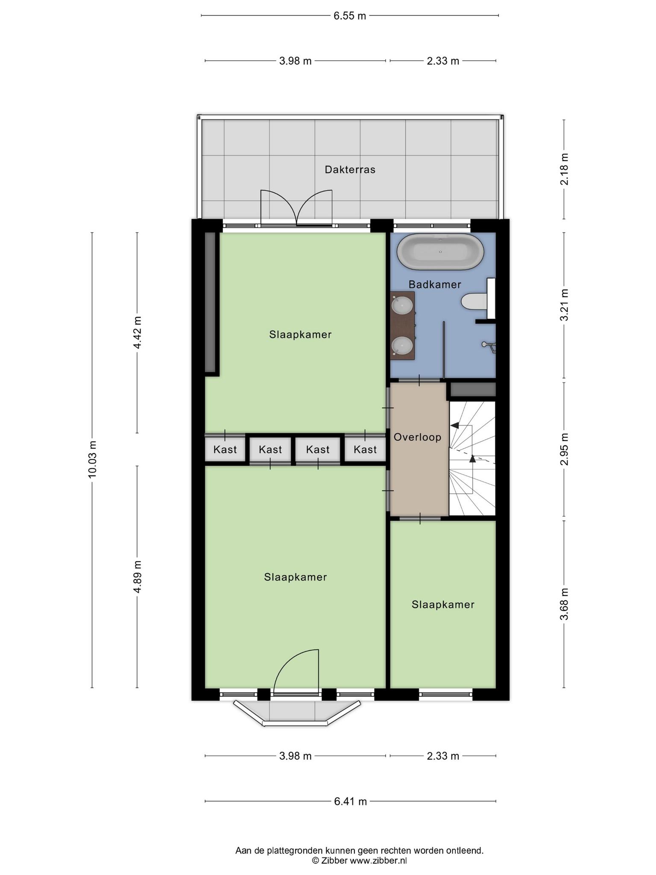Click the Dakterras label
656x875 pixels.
click(350, 170)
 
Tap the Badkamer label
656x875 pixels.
click(435, 285)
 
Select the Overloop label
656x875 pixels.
click(417, 437)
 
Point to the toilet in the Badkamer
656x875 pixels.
click(473, 301)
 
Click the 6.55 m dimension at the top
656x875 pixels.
click(350, 16)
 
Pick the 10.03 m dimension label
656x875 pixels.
click(92, 458)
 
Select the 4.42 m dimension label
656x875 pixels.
click(137, 332)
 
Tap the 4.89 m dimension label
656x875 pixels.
click(137, 577)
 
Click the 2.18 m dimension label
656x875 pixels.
click(564, 169)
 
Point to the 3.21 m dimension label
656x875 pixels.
click(564, 305)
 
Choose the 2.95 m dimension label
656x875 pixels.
click(564, 449)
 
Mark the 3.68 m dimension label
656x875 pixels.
click(564, 604)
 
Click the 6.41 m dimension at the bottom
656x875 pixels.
click(350, 802)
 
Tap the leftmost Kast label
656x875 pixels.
click(225, 449)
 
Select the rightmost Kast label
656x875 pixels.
click(365, 449)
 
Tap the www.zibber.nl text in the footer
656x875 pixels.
click(378, 860)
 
